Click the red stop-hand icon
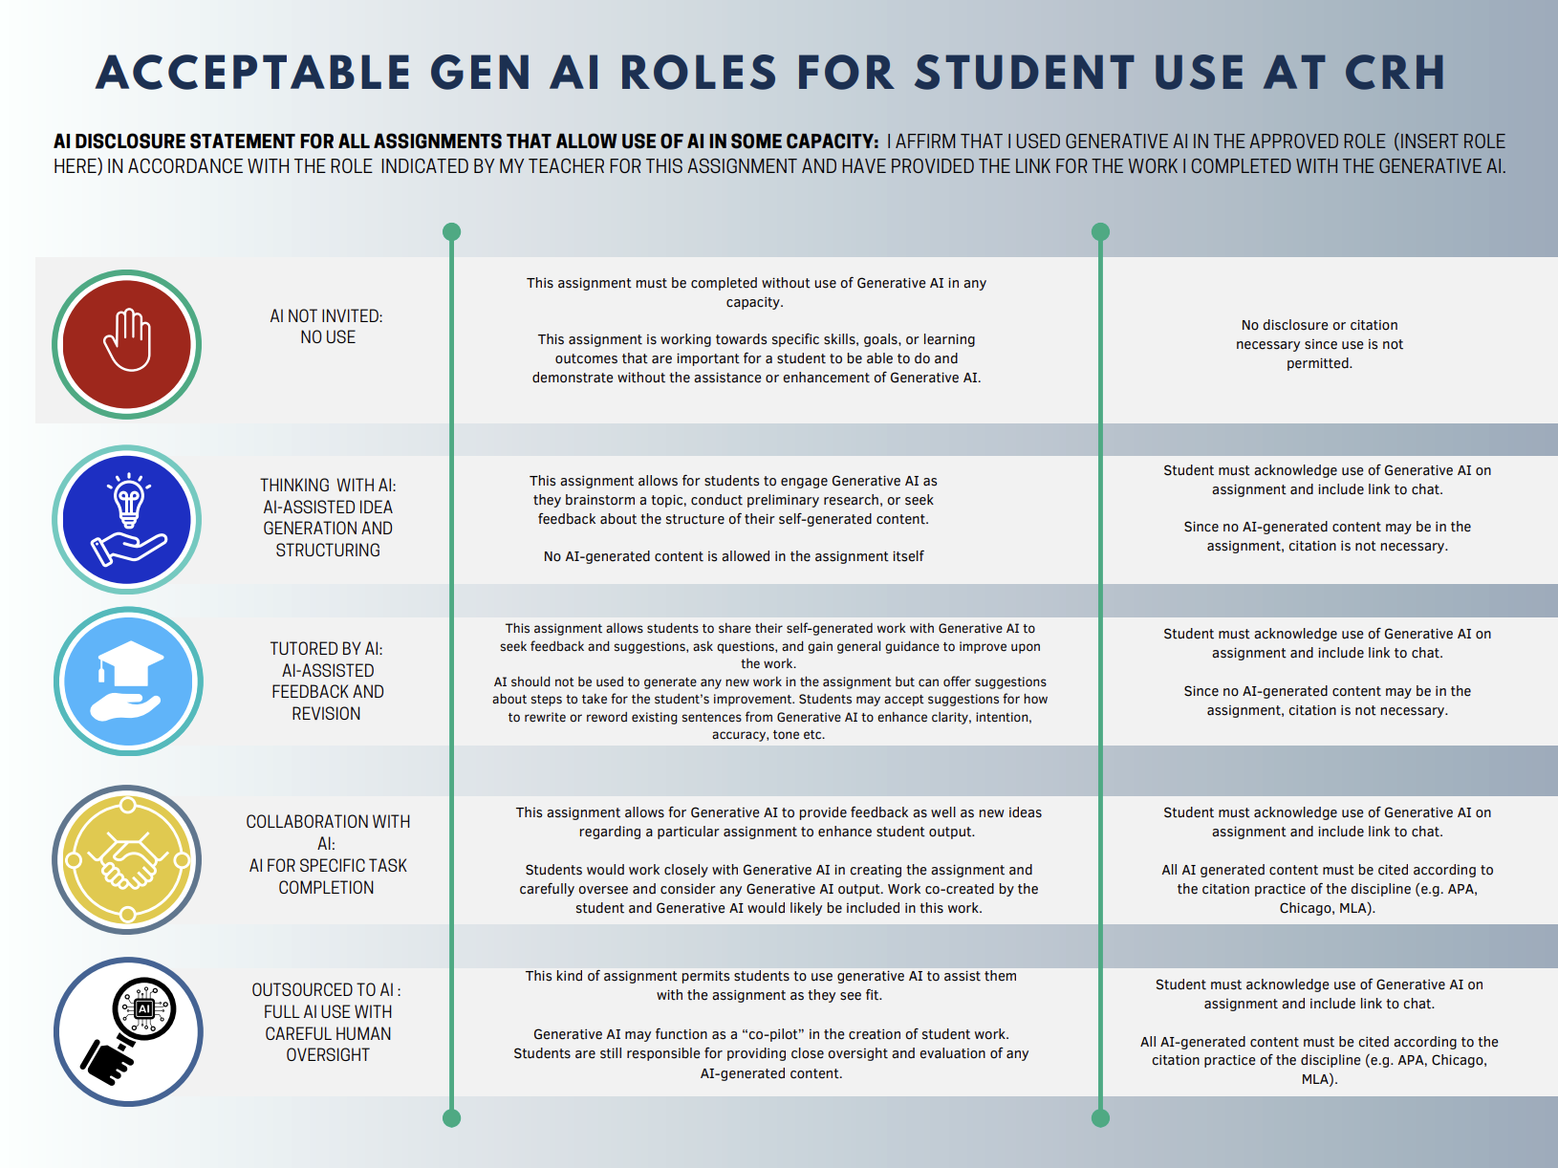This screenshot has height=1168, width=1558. point(127,344)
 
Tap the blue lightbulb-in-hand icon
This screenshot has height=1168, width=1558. point(127,519)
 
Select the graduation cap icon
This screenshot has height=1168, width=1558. point(128,681)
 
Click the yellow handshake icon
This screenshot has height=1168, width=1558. point(127,859)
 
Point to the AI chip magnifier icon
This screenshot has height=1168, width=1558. point(128,1031)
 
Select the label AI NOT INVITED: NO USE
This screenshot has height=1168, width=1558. point(327,327)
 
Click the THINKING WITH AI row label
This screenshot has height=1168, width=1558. point(327,517)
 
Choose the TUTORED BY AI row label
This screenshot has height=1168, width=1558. point(327,681)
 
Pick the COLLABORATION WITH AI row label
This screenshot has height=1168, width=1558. point(327,854)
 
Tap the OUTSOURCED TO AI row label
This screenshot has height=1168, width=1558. point(327,1023)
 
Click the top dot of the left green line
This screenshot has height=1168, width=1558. point(451,232)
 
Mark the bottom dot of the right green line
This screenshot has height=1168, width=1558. point(1100,1118)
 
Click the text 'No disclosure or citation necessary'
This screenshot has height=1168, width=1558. point(1319,335)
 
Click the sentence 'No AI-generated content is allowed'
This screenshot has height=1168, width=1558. point(733,556)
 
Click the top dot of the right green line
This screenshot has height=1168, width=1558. point(1100,232)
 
